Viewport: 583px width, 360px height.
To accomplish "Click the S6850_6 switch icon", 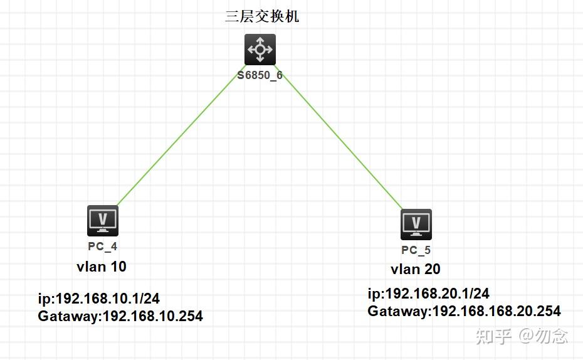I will tap(260, 50).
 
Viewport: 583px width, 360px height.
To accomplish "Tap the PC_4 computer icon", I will tap(103, 221).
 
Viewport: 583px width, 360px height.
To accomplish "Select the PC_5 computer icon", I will tap(416, 224).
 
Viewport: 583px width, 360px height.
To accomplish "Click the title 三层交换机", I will tap(262, 16).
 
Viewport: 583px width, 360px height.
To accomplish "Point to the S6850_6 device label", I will tap(260, 75).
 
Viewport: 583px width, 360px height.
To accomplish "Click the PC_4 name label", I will tap(102, 247).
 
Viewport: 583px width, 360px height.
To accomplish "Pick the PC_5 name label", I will tap(416, 250).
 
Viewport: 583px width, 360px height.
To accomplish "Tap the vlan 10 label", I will tap(102, 267).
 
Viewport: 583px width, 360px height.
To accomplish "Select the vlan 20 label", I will tap(416, 269).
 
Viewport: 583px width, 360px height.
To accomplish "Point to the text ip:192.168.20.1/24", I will tap(429, 294).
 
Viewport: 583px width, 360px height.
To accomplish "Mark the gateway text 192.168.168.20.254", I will tap(497, 311).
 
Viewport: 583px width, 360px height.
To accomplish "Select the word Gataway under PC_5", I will tap(397, 311).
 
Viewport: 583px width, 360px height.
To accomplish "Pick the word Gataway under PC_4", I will tap(68, 316).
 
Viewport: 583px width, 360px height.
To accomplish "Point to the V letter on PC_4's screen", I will tap(103, 218).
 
